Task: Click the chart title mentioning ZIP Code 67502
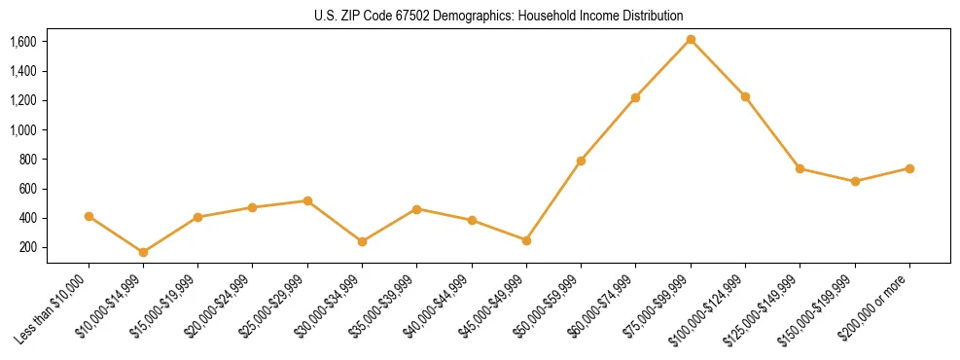click(499, 16)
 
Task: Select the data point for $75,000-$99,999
click(691, 39)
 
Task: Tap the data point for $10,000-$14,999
click(143, 252)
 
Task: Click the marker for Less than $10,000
click(89, 216)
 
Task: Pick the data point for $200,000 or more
click(909, 168)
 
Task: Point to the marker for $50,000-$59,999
click(581, 161)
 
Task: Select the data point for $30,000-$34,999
click(362, 241)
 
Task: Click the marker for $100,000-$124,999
click(745, 96)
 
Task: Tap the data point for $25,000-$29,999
click(307, 200)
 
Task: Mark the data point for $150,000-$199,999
click(855, 181)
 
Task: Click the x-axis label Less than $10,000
click(54, 307)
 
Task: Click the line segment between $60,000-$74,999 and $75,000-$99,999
click(663, 68)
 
